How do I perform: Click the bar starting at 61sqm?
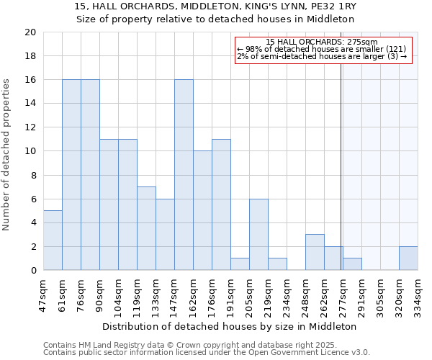click(x=71, y=175)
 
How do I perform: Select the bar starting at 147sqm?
click(x=184, y=175)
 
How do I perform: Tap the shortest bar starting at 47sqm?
click(x=53, y=240)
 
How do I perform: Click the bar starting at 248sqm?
click(x=315, y=252)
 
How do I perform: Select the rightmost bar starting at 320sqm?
click(x=408, y=258)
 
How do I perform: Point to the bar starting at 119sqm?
click(x=146, y=228)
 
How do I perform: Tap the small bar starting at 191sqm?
click(x=240, y=264)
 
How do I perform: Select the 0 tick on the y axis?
click(x=32, y=270)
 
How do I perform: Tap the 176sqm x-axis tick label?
click(x=212, y=294)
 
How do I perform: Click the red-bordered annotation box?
click(x=323, y=50)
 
